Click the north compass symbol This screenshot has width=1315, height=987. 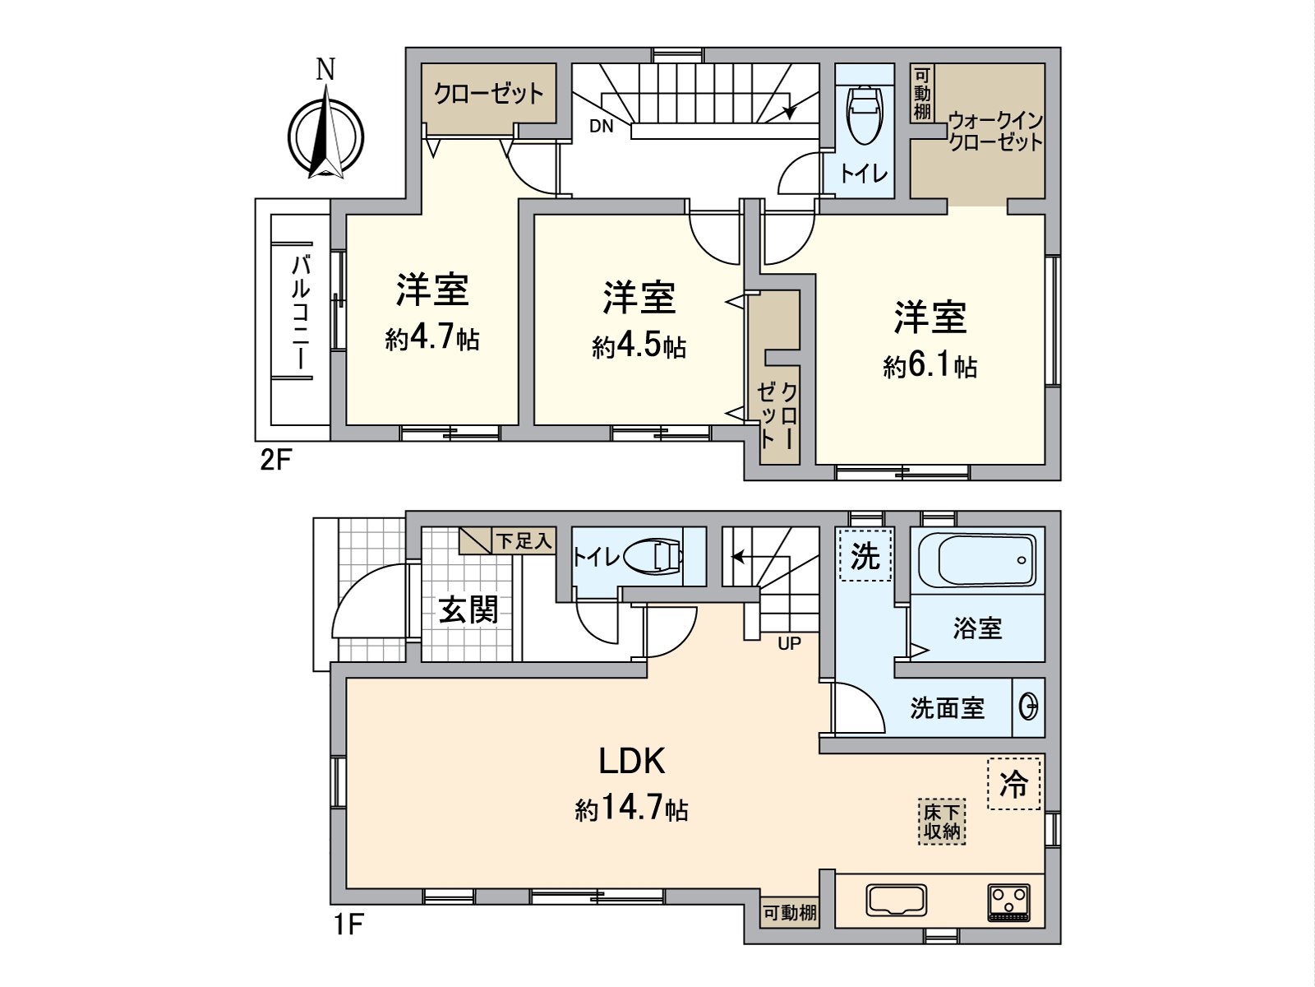click(x=326, y=136)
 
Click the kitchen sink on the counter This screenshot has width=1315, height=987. click(x=896, y=900)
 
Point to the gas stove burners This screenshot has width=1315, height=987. click(x=1008, y=900)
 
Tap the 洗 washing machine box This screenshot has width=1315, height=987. click(x=865, y=557)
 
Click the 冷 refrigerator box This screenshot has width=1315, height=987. click(x=1013, y=783)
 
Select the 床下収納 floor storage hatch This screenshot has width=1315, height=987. click(x=942, y=822)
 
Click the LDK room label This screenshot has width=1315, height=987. click(x=630, y=762)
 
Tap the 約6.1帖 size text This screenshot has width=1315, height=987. click(x=930, y=367)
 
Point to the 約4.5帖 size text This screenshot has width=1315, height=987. click(x=639, y=347)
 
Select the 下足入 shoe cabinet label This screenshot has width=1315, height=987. click(x=523, y=541)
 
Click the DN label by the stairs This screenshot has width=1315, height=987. click(x=601, y=126)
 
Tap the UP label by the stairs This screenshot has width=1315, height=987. click(x=789, y=643)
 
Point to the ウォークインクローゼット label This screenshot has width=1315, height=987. click(x=994, y=132)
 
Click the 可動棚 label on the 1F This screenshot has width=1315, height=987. click(x=789, y=912)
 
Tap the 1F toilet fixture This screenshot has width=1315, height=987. click(x=654, y=557)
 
